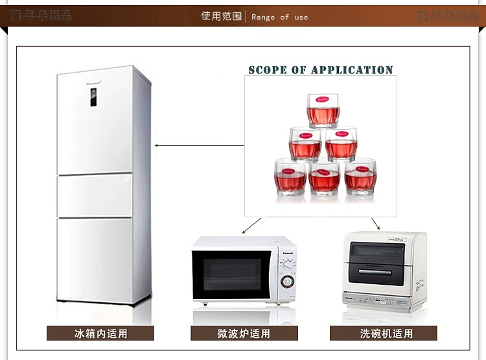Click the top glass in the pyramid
click(x=323, y=111)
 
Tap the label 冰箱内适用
click(x=100, y=333)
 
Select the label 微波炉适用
click(x=244, y=333)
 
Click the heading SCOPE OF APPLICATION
click(x=321, y=70)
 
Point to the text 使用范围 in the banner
click(x=222, y=16)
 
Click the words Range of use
click(x=280, y=17)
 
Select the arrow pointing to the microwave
click(x=251, y=225)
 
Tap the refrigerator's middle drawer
click(x=95, y=196)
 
